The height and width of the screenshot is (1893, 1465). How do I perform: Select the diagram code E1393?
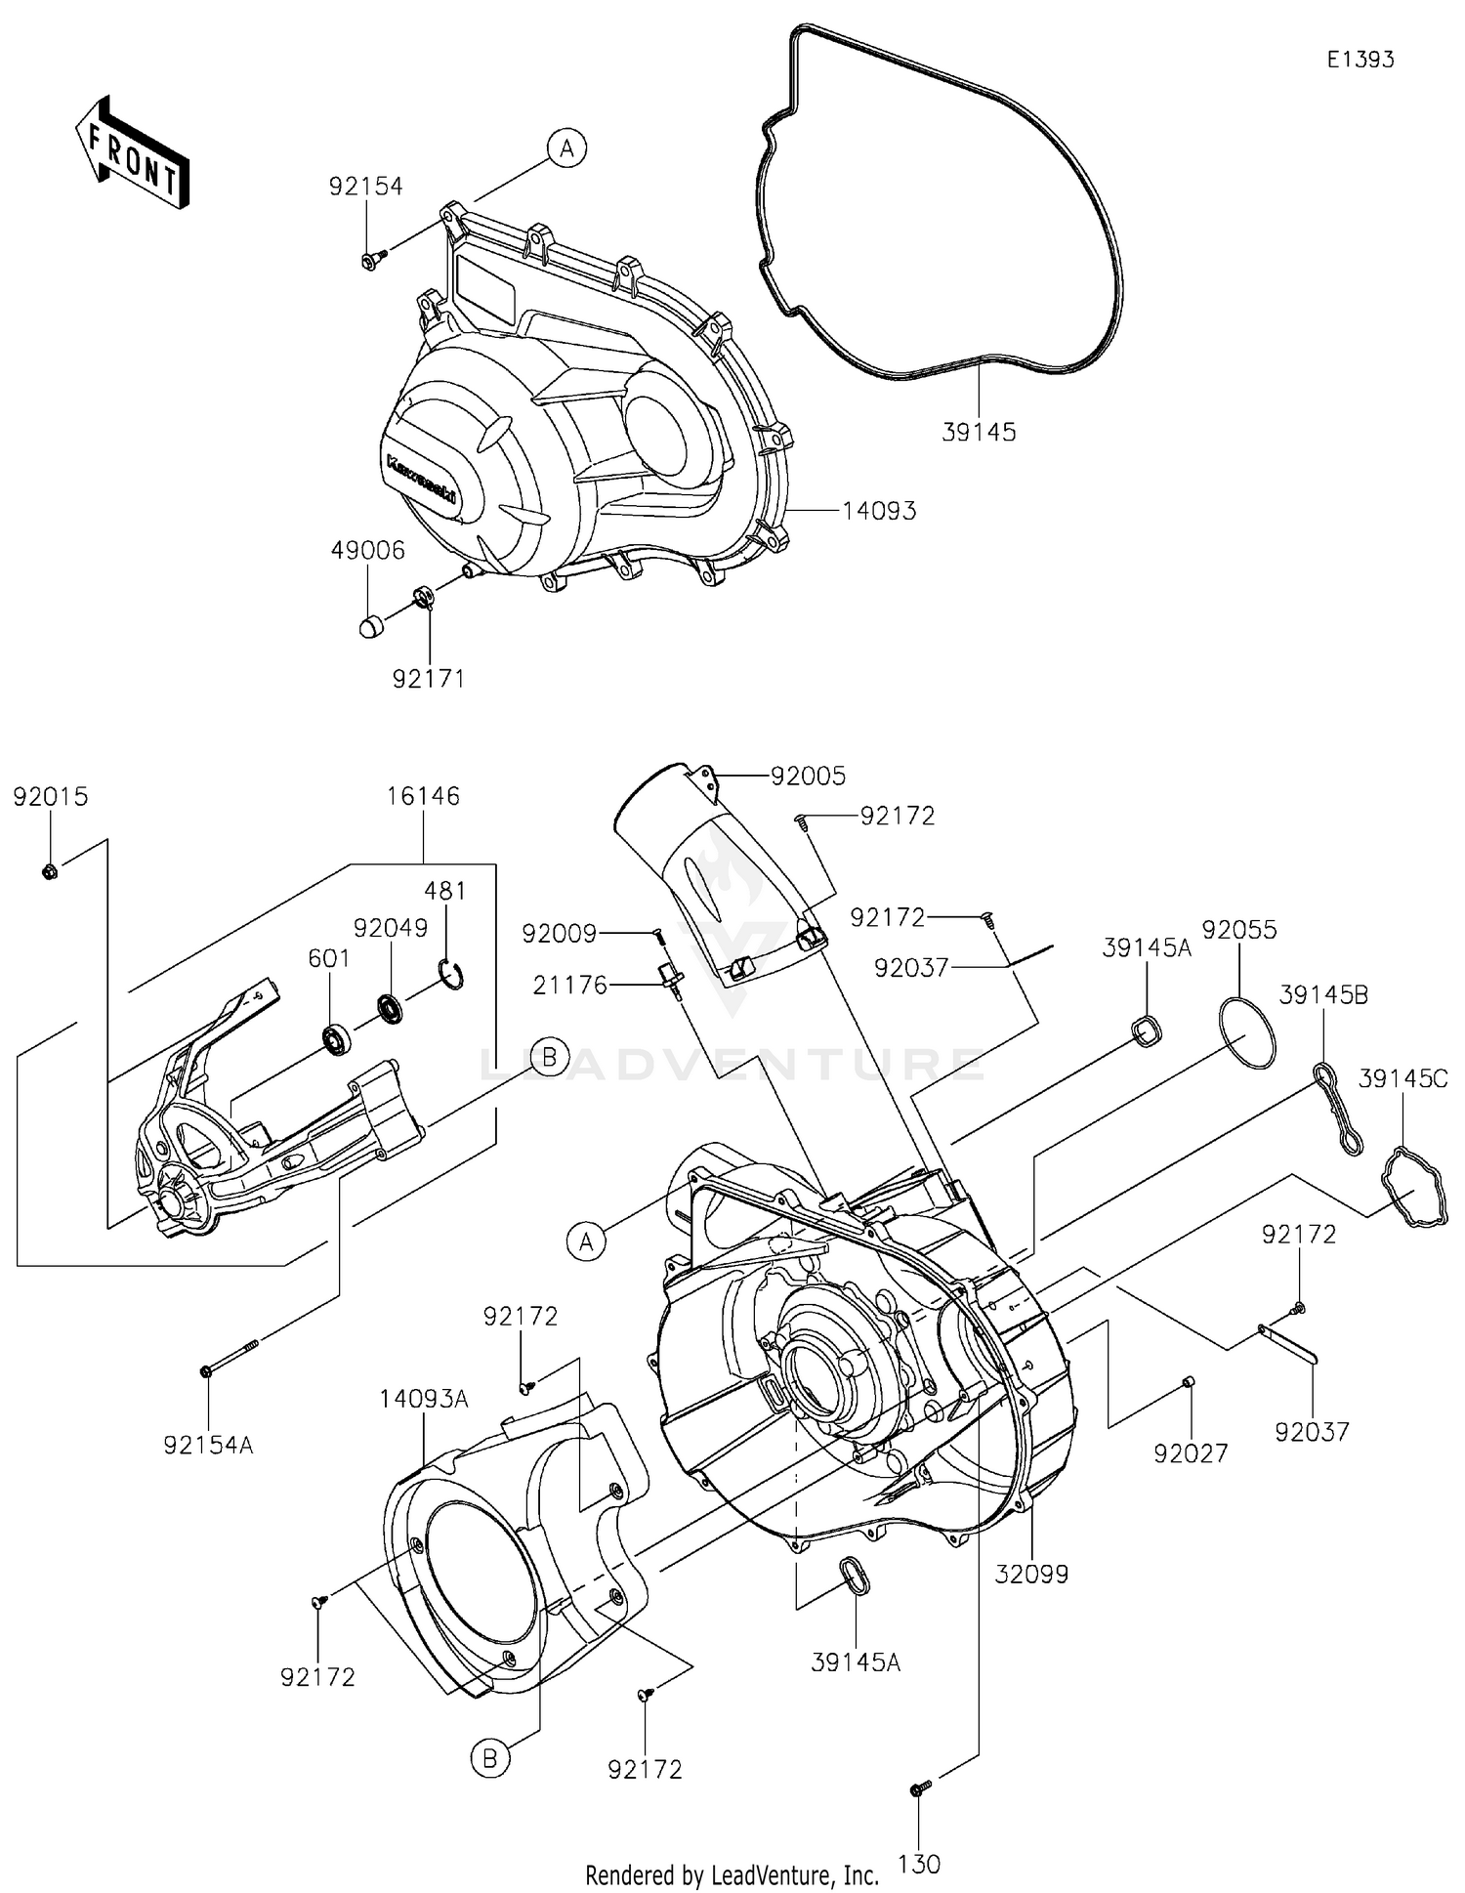point(1360,60)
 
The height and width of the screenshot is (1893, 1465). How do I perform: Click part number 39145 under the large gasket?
point(978,432)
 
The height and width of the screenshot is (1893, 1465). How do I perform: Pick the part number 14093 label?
point(879,511)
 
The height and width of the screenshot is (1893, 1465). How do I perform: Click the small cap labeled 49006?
point(370,626)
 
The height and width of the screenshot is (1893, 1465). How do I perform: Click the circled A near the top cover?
point(566,148)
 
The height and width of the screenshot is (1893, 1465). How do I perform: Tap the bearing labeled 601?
point(337,1039)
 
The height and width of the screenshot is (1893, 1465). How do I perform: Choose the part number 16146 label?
point(423,796)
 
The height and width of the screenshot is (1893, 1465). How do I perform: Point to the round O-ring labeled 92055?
point(1247,1032)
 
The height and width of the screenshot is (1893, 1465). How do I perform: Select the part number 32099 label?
point(1031,1575)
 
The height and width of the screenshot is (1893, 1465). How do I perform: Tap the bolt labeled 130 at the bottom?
point(920,1788)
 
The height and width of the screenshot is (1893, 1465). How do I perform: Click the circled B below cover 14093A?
point(490,1759)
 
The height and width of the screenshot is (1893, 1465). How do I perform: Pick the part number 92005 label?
point(808,777)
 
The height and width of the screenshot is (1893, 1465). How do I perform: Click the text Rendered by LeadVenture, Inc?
point(732,1874)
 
